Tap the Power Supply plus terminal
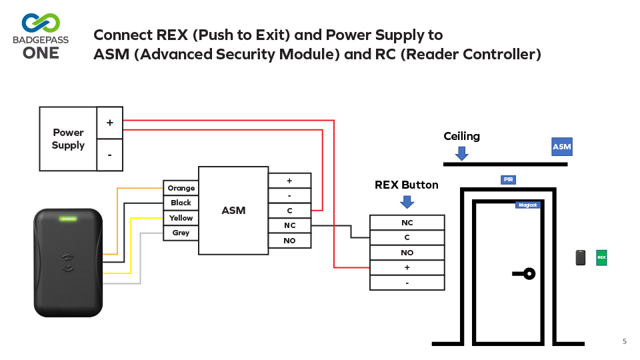(x=109, y=123)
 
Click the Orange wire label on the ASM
(x=181, y=188)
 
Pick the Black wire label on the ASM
(x=181, y=203)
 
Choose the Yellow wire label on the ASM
(x=181, y=218)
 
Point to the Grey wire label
(x=181, y=233)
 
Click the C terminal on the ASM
(x=289, y=211)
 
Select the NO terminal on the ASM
(x=289, y=241)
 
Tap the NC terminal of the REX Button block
(x=407, y=223)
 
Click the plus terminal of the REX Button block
(x=407, y=267)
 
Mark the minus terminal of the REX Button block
(x=407, y=283)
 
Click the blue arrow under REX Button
(x=407, y=201)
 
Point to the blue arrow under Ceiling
(x=461, y=153)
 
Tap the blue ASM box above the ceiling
(x=561, y=147)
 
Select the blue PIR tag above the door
(x=509, y=180)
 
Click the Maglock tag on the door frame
(x=527, y=205)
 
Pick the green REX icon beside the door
(x=601, y=257)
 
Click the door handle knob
(x=529, y=273)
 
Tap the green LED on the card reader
(x=68, y=218)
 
